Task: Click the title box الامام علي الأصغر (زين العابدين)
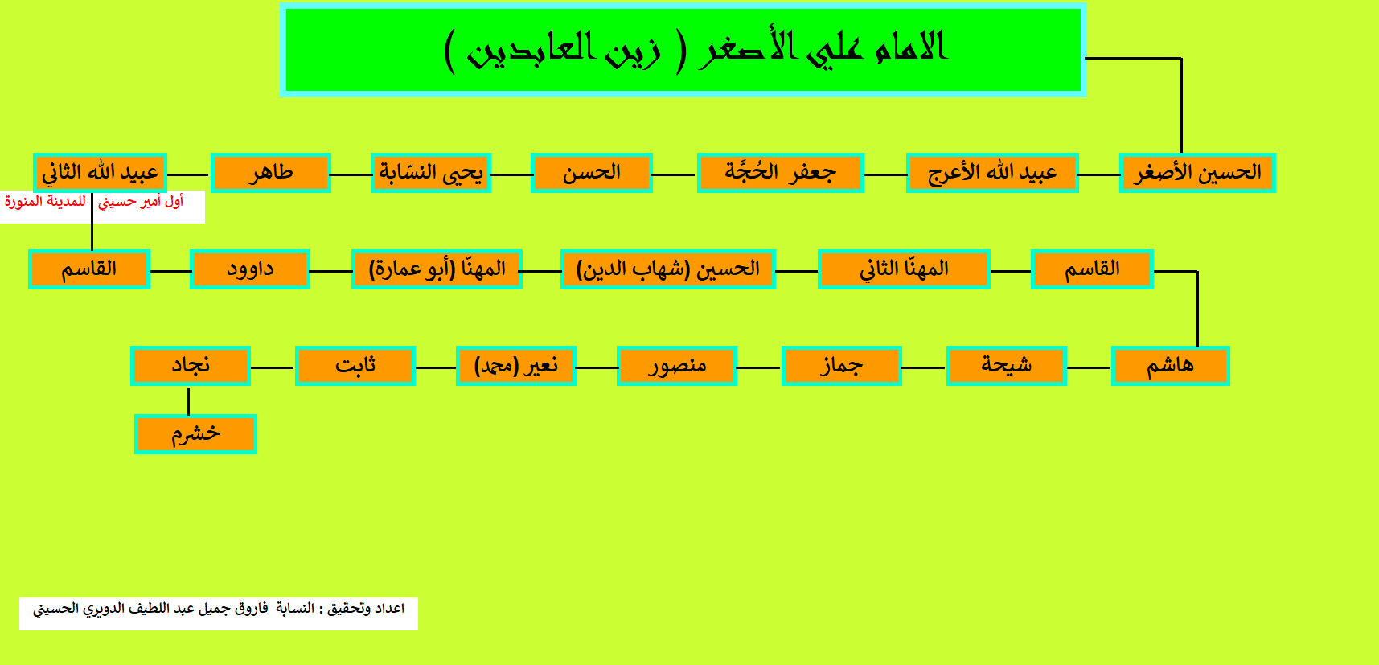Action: (683, 50)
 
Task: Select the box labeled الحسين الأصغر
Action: (1197, 172)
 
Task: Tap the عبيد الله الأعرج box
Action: (992, 172)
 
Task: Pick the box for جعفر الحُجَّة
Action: (780, 172)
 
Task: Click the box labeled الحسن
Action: (591, 172)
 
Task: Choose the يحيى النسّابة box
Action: (431, 172)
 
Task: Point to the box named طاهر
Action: (270, 172)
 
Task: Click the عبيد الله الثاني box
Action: (100, 172)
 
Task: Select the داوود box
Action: (250, 269)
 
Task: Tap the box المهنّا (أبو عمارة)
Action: (437, 269)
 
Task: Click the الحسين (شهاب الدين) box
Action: (667, 269)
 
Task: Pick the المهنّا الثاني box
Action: (904, 269)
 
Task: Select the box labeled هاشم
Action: (1170, 365)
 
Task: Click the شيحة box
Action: (1006, 365)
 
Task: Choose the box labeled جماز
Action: (841, 365)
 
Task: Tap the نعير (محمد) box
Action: (515, 365)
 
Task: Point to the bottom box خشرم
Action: (195, 434)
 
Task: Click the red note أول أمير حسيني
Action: (141, 201)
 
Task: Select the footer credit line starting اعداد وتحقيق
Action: (219, 609)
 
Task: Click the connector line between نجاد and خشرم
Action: (188, 400)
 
